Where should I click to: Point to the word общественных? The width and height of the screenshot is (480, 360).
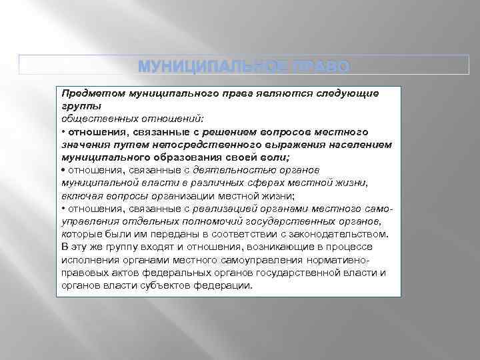(93, 119)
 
